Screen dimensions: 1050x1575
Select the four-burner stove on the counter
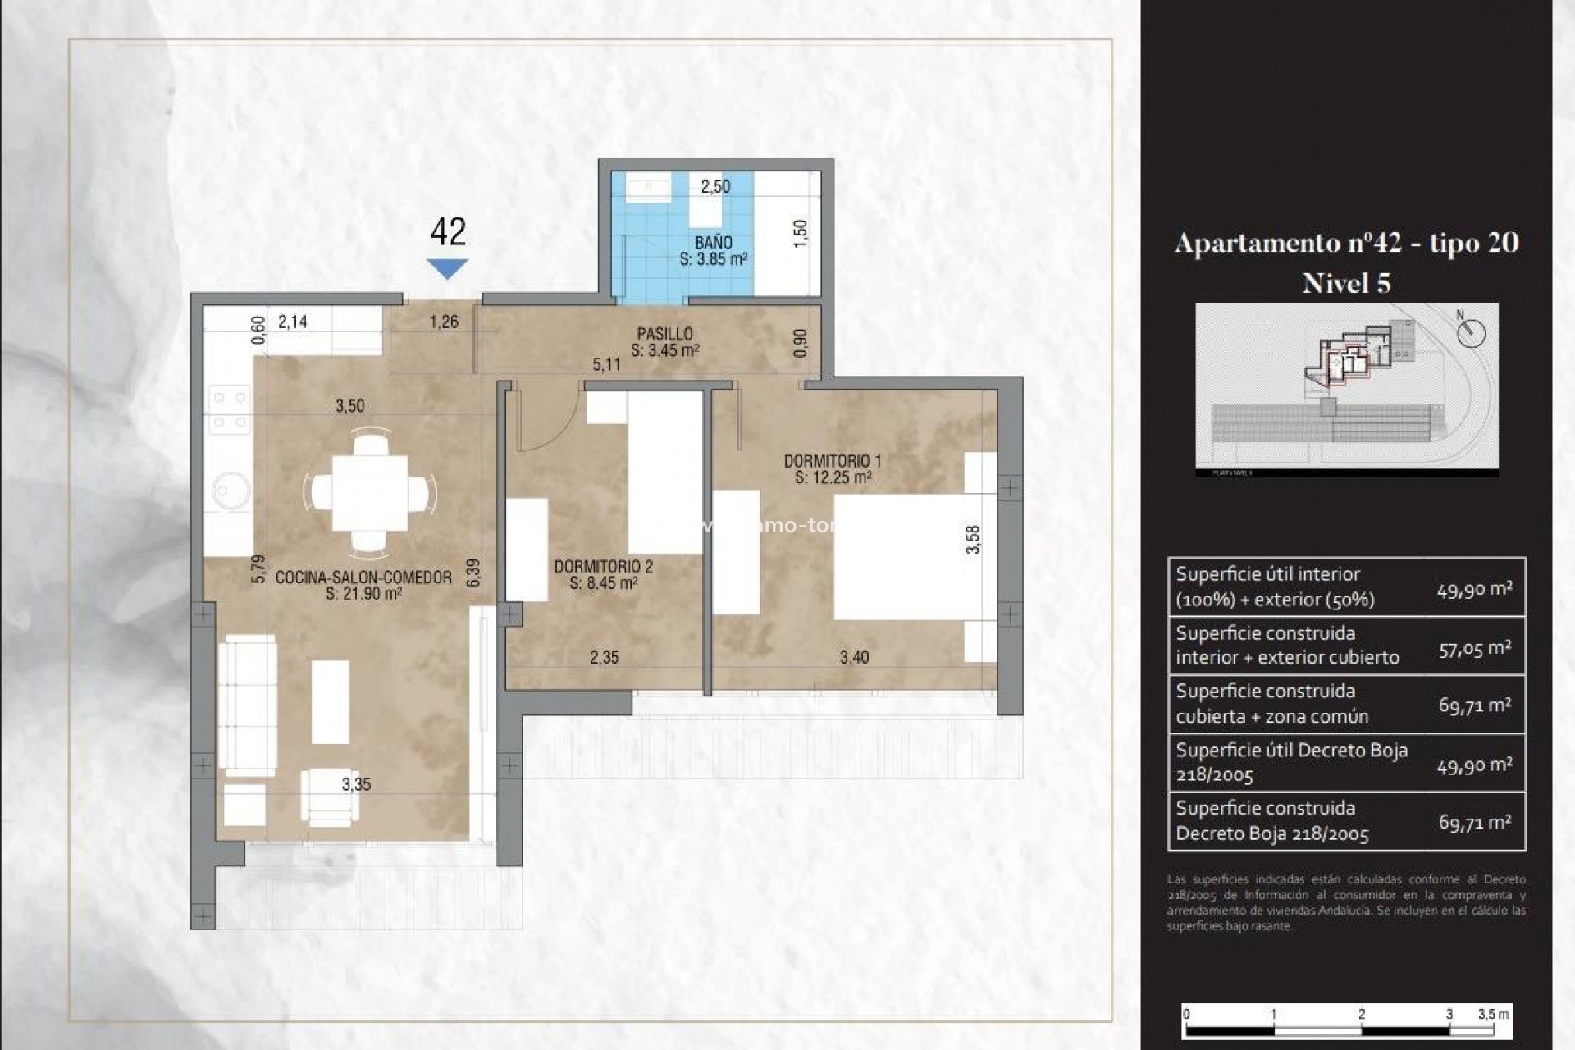(x=230, y=410)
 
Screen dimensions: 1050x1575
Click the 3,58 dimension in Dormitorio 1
(x=973, y=539)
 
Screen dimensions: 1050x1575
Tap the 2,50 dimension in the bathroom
(x=715, y=186)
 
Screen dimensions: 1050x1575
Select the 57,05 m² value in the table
(x=1474, y=648)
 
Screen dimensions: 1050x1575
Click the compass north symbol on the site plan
(x=1472, y=332)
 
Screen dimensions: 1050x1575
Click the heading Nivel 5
(x=1346, y=283)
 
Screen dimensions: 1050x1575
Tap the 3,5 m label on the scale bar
(x=1493, y=1014)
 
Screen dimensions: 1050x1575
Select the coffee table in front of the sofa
(x=331, y=702)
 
